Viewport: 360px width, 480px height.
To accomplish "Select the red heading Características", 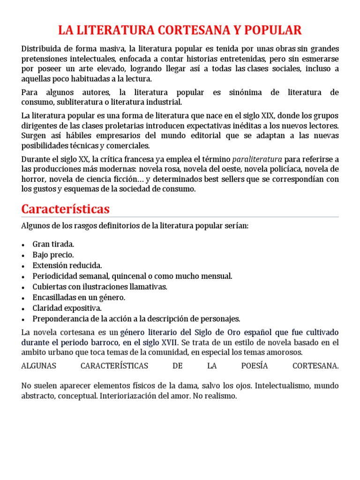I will click(x=65, y=209).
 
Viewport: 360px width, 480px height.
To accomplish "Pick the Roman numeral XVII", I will click(x=167, y=342).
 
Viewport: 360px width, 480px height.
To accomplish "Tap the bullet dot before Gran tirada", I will click(x=24, y=245).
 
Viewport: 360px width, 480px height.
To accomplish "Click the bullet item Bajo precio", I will click(x=53, y=255).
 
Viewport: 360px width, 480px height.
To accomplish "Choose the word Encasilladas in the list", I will click(x=54, y=297).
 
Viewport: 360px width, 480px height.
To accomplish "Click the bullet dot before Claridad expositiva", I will click(x=24, y=308).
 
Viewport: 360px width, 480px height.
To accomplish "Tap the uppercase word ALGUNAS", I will click(x=38, y=366).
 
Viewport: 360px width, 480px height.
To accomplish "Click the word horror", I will click(x=32, y=180).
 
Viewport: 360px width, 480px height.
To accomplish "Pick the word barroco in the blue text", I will click(x=105, y=342).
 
